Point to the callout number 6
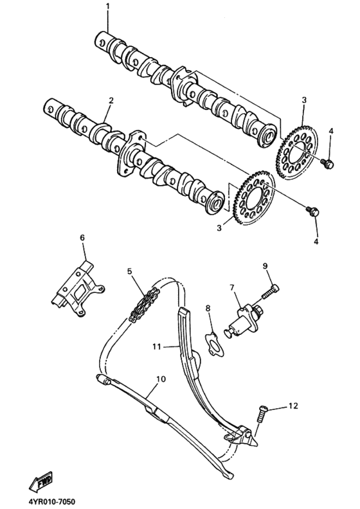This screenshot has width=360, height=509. (82, 238)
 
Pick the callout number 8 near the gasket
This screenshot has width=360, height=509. (208, 308)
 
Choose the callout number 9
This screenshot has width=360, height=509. (264, 265)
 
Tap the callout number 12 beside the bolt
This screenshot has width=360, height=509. (294, 406)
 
